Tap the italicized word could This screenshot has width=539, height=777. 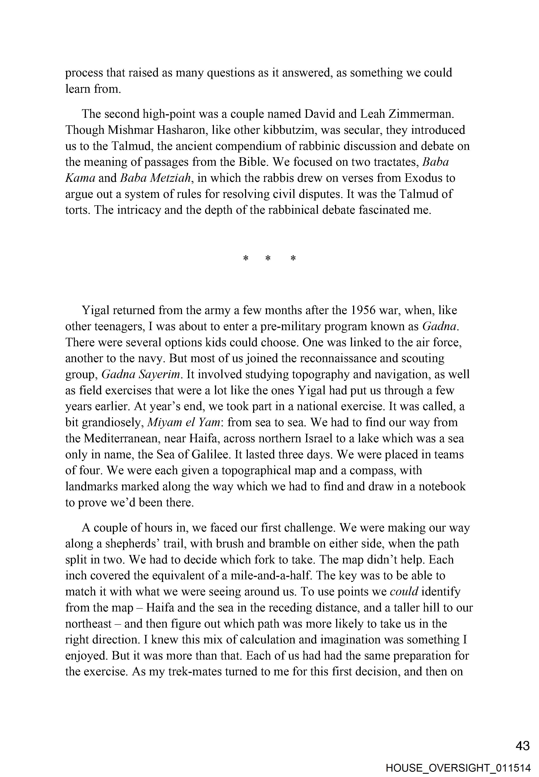(404, 591)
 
